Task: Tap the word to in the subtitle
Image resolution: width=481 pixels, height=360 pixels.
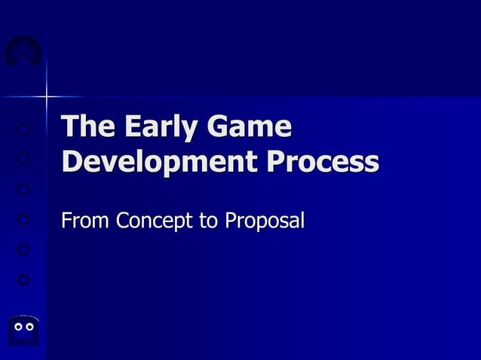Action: point(209,221)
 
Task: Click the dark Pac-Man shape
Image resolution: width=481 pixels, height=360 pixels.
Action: point(23,52)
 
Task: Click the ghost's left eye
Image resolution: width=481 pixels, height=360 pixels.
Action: point(18,327)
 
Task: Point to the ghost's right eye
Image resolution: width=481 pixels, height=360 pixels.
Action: point(29,327)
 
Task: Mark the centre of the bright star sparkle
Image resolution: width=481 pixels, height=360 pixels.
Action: point(47,96)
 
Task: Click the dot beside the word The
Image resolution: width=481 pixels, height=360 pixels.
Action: point(23,130)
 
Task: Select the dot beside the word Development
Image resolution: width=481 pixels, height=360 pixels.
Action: point(23,160)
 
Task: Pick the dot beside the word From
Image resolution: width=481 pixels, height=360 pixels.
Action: point(23,220)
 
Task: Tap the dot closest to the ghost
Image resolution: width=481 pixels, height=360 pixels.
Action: point(23,280)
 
